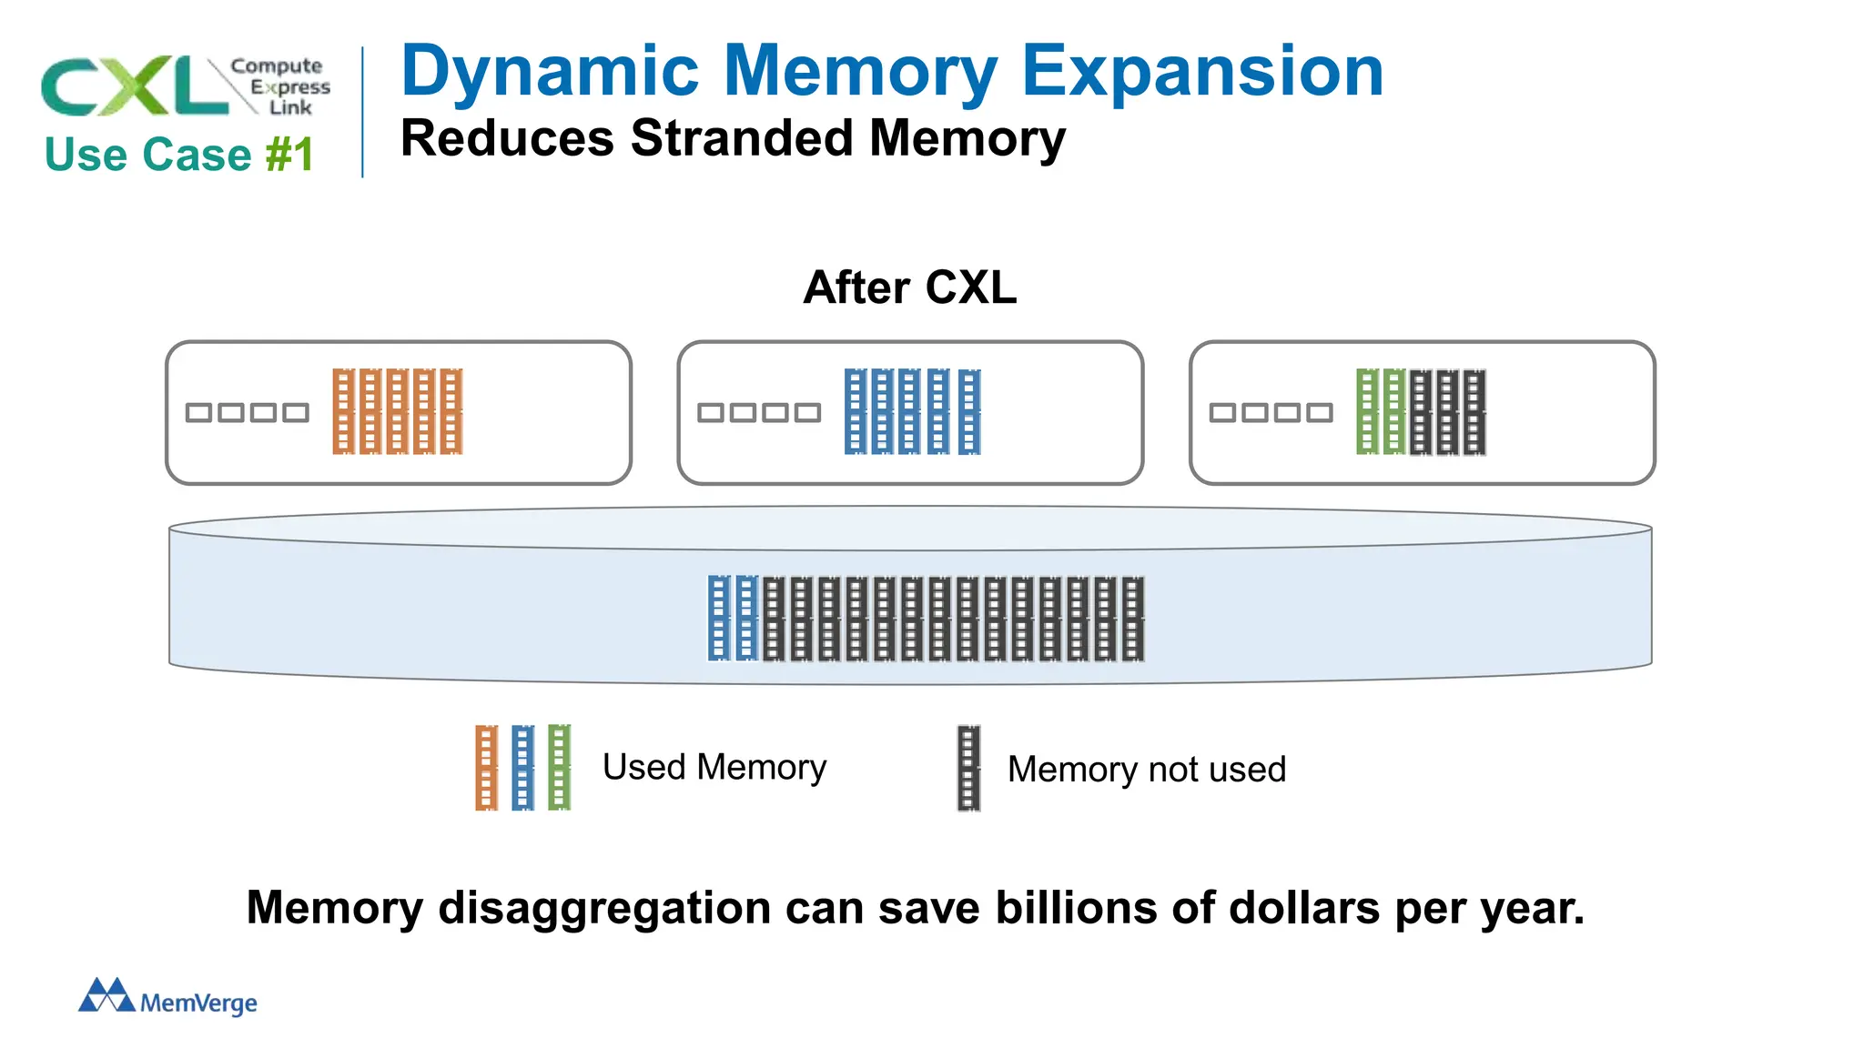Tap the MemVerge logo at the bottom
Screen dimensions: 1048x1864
click(168, 998)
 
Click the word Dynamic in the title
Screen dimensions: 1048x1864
click(550, 73)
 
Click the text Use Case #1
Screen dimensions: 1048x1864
click(179, 155)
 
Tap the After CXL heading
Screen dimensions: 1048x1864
click(909, 287)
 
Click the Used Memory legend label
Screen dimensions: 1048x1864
click(714, 767)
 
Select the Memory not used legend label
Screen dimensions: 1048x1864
click(1147, 770)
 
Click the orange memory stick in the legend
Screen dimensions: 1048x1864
click(487, 767)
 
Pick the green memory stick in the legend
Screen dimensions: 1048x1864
click(560, 767)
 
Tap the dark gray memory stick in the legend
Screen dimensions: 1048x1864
click(968, 767)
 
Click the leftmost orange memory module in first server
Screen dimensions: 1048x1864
click(343, 411)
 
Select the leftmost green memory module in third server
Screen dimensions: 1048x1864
click(1367, 411)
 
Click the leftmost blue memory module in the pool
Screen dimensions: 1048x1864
click(719, 618)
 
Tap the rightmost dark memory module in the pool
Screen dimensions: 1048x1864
click(1133, 618)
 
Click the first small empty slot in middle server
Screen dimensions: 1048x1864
click(711, 413)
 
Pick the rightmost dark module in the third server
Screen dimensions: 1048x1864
click(1475, 411)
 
